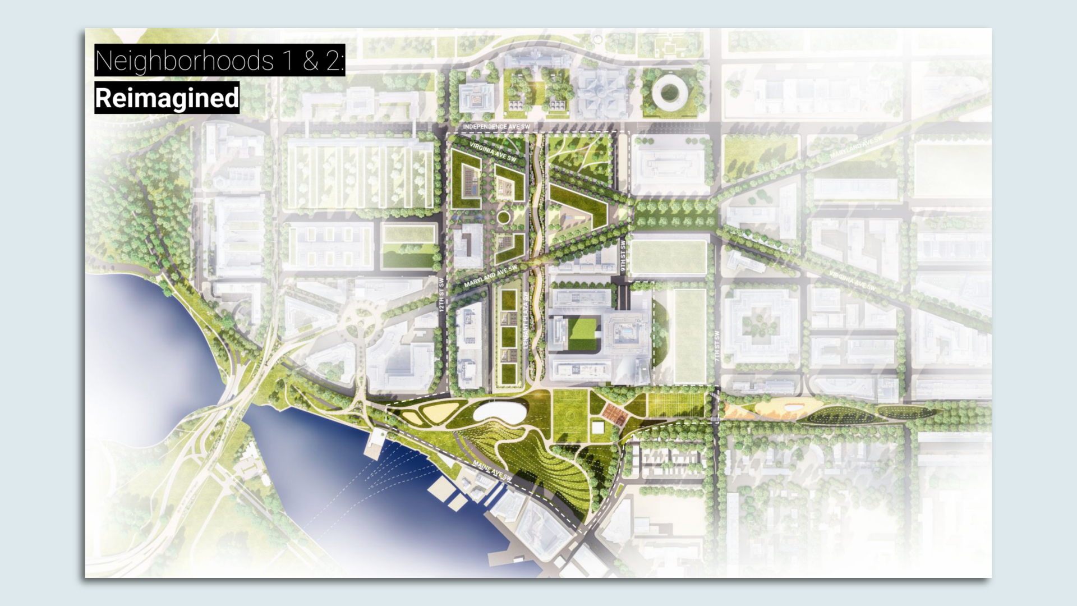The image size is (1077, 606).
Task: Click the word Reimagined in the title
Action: pyautogui.click(x=167, y=98)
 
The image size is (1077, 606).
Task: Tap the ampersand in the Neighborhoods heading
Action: pyautogui.click(x=310, y=61)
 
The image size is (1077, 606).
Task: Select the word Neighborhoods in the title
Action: pyautogui.click(x=184, y=61)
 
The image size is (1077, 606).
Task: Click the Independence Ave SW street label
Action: pyautogui.click(x=496, y=127)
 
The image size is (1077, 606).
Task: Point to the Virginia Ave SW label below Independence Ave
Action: pyautogui.click(x=493, y=151)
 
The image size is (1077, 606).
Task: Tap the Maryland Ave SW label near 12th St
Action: pyautogui.click(x=490, y=277)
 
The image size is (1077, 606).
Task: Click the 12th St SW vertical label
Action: pyautogui.click(x=441, y=295)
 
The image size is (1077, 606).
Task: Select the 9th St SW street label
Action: pyautogui.click(x=623, y=256)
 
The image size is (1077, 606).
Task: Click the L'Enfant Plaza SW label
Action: pyautogui.click(x=526, y=320)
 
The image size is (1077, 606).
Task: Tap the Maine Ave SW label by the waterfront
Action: pyautogui.click(x=492, y=471)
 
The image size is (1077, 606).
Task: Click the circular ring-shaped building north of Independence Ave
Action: pyautogui.click(x=668, y=91)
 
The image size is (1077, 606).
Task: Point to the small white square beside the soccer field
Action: pyautogui.click(x=598, y=428)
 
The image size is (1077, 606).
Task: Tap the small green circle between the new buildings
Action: pyautogui.click(x=503, y=217)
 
